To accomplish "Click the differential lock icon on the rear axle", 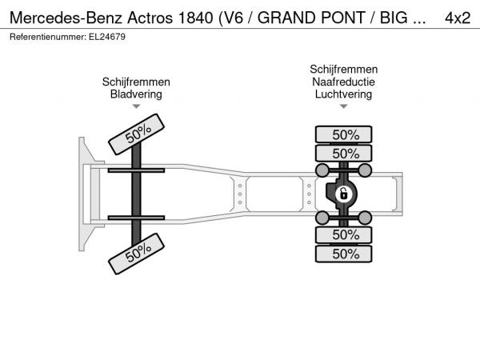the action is click(344, 194).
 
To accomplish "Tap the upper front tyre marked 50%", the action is click(136, 134).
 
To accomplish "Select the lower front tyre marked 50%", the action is click(136, 254).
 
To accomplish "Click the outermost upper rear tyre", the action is click(343, 134).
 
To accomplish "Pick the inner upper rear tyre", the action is click(343, 153).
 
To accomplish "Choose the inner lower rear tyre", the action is click(343, 235).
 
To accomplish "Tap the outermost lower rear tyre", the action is click(343, 254).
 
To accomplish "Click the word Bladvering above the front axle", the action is click(136, 94).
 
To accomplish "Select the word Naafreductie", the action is click(343, 82).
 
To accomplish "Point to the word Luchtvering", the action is click(343, 94).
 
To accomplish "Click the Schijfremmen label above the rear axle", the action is click(343, 69).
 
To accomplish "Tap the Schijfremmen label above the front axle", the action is click(136, 82).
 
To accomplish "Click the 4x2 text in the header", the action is click(458, 18).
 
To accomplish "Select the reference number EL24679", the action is click(107, 37).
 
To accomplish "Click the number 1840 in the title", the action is click(195, 18).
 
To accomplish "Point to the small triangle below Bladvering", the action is click(136, 106).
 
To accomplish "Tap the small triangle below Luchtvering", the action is click(344, 106).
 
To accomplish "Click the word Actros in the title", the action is click(150, 18).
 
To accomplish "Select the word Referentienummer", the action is click(48, 37).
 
